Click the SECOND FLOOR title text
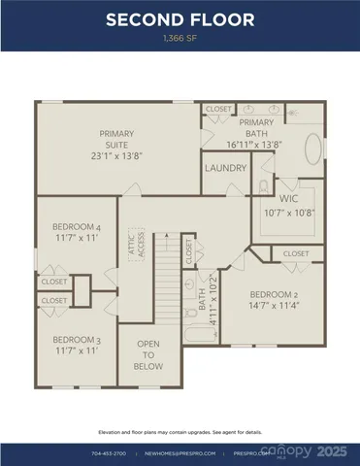(180, 19)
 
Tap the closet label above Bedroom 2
(296, 253)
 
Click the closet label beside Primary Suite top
(219, 110)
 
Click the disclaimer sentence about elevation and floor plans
(180, 432)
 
